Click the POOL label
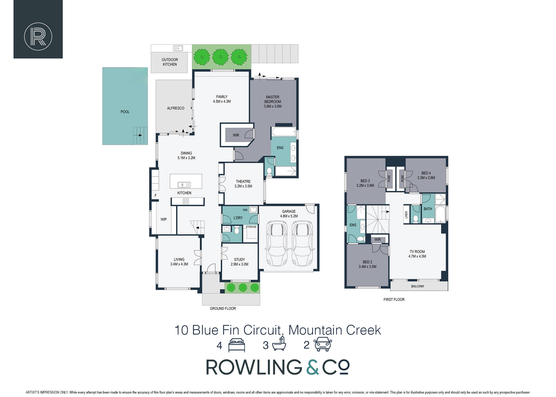click(125, 112)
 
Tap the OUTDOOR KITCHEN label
click(170, 62)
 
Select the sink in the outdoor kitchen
click(178, 48)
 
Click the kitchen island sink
click(184, 184)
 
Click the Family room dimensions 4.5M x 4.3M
click(222, 101)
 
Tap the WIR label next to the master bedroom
click(236, 135)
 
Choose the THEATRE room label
click(243, 182)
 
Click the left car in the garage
click(277, 243)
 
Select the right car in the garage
click(302, 243)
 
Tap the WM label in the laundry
click(245, 210)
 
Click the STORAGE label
click(251, 227)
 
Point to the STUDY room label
click(239, 260)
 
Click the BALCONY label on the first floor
click(418, 286)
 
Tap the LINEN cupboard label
click(406, 215)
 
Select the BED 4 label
click(426, 173)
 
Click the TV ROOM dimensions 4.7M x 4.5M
click(417, 256)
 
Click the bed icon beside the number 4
click(236, 345)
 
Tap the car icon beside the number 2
click(323, 344)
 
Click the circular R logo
click(38, 37)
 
